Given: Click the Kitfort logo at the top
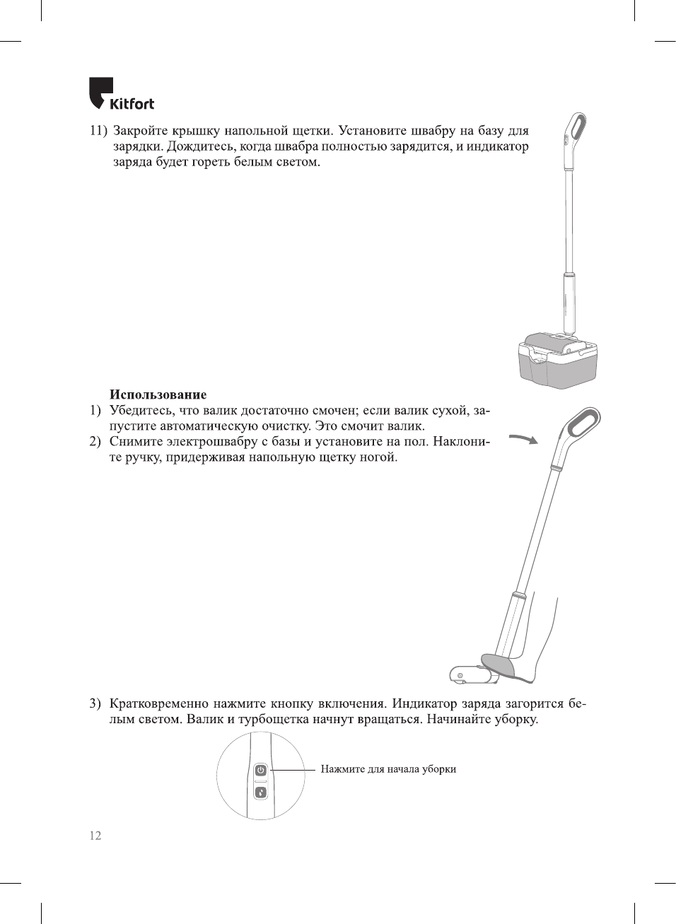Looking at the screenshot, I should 121,95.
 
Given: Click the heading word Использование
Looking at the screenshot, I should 158,394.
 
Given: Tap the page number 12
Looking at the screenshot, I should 95,835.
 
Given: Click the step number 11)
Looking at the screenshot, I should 98,131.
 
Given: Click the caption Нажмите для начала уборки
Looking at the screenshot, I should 388,769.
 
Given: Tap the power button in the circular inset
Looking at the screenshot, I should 260,770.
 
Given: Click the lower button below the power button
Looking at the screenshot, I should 260,793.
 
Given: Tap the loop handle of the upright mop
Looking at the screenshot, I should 575,127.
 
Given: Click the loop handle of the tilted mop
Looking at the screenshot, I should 583,423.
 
